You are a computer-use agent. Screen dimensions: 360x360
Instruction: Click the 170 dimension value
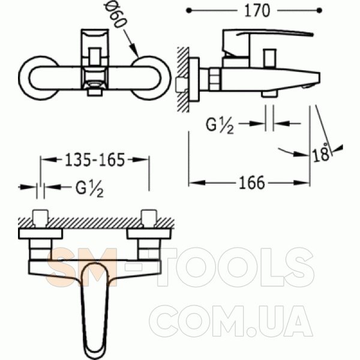coord(257,11)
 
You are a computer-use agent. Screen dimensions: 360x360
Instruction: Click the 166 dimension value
coord(252,183)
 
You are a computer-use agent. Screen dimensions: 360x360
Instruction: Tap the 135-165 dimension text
coord(95,160)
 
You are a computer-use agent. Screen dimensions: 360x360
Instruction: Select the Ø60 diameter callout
coord(115,14)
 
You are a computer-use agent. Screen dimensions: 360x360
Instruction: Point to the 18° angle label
coord(321,153)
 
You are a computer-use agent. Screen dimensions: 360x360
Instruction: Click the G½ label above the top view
coord(89,189)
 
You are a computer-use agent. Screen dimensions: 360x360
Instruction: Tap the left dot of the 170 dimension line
coord(189,11)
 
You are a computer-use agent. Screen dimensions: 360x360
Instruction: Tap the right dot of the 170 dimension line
coord(319,11)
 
